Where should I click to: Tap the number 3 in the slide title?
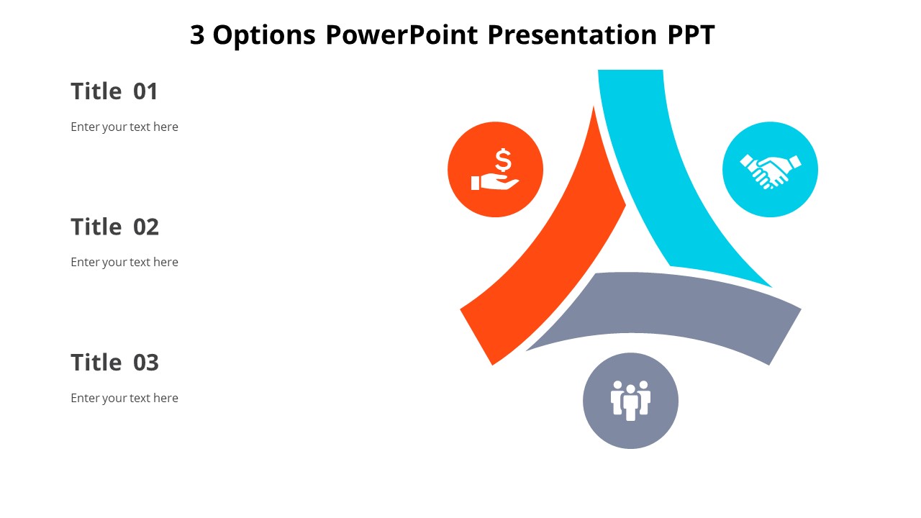click(197, 35)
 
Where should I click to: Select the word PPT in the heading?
click(686, 35)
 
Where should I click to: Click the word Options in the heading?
click(264, 35)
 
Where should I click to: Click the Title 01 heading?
click(114, 91)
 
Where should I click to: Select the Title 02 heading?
click(114, 227)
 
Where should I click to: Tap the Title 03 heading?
click(114, 362)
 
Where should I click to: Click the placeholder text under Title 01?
click(124, 127)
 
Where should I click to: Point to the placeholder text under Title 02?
click(124, 262)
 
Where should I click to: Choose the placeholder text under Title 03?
click(124, 398)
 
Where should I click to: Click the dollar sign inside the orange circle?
click(503, 160)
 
